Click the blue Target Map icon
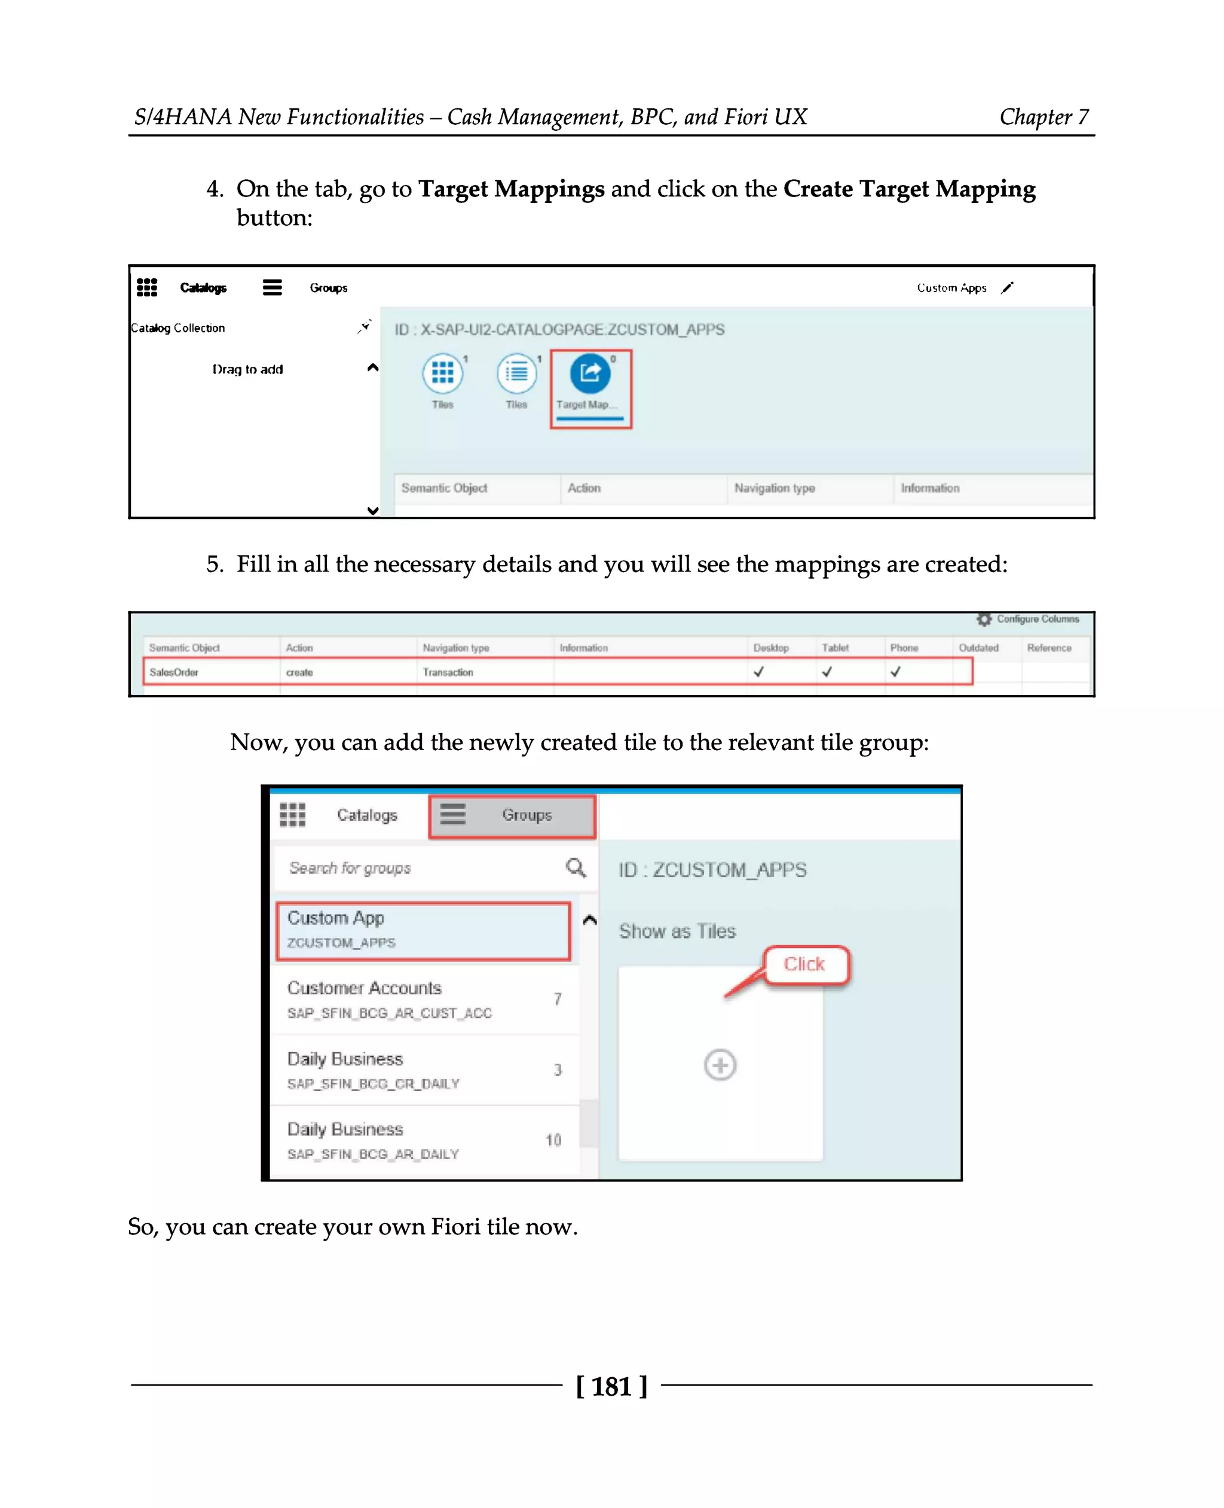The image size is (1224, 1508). click(589, 373)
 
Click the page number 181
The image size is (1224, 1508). click(611, 1387)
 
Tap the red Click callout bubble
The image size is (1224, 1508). click(804, 964)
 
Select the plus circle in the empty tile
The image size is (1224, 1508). click(719, 1065)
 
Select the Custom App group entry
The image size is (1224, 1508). click(423, 929)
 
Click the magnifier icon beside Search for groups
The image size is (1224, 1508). click(576, 867)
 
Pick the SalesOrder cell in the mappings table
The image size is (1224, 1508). click(174, 672)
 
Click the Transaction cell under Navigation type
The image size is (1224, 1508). click(448, 672)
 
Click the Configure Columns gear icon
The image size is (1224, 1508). click(984, 619)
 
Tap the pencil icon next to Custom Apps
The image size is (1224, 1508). click(1007, 287)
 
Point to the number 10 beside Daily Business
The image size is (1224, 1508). click(553, 1140)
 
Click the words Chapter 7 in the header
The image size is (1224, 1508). click(1044, 117)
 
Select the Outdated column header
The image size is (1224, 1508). click(978, 647)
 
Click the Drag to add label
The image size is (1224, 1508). click(247, 369)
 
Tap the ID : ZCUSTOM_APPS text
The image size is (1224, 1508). click(712, 870)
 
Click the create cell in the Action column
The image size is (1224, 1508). click(299, 672)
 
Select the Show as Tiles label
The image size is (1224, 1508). click(677, 932)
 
